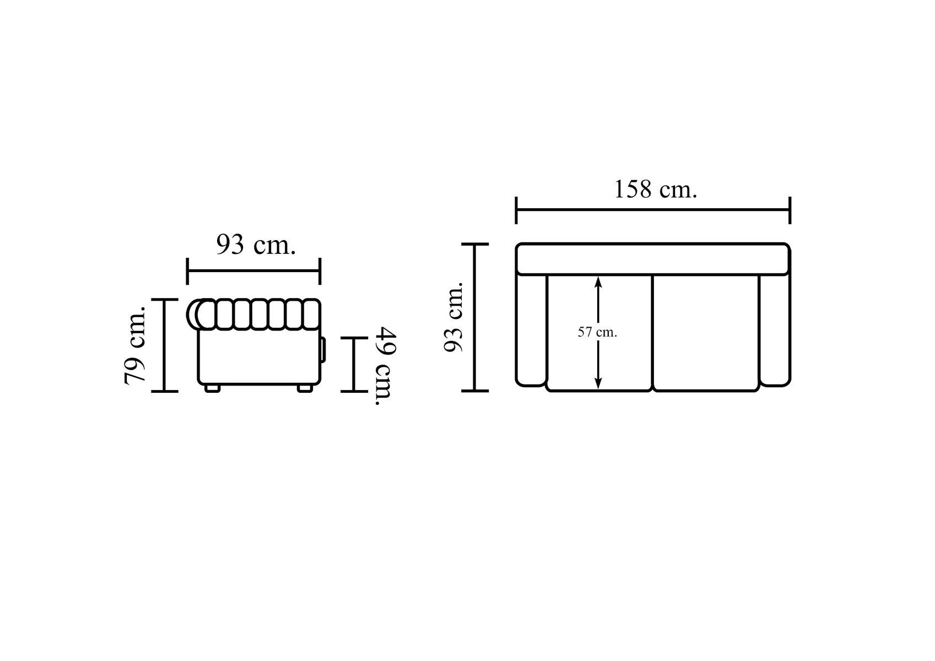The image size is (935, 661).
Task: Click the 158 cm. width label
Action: pyautogui.click(x=655, y=189)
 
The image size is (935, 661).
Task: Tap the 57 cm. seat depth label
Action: pyautogui.click(x=597, y=332)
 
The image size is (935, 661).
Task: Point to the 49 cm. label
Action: pyautogui.click(x=385, y=366)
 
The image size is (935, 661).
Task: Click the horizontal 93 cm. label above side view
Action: pyautogui.click(x=256, y=245)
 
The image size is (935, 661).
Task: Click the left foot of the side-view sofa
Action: pyautogui.click(x=213, y=388)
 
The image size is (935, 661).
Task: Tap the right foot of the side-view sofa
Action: pyautogui.click(x=305, y=388)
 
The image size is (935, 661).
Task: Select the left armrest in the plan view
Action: pyautogui.click(x=531, y=329)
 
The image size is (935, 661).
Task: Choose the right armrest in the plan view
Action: pyautogui.click(x=775, y=329)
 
